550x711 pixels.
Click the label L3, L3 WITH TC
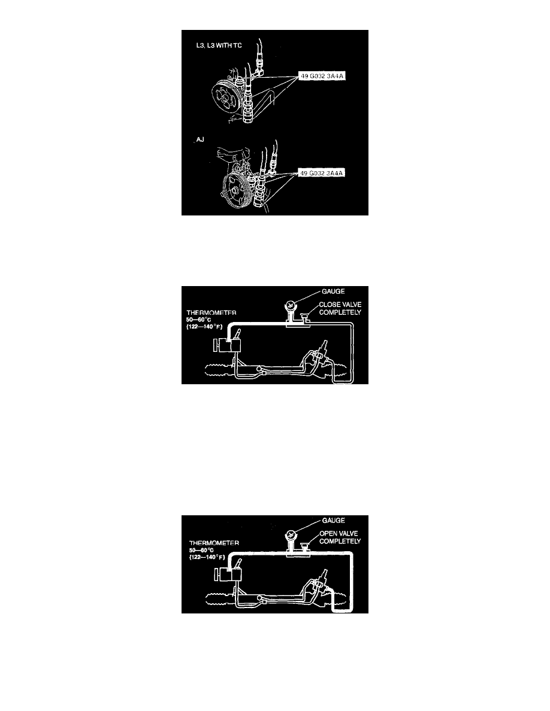click(x=219, y=45)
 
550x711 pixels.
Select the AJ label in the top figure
click(x=200, y=139)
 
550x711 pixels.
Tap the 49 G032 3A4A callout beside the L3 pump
click(x=321, y=76)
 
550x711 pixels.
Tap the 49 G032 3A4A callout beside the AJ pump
click(x=321, y=173)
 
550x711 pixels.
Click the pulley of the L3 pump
click(x=225, y=98)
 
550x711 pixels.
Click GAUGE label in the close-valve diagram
click(x=333, y=291)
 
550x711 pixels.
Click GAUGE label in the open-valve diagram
click(x=334, y=521)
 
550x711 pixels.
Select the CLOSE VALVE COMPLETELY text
click(x=340, y=308)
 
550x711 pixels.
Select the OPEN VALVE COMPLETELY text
click(x=340, y=537)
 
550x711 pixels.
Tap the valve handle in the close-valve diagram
click(x=306, y=314)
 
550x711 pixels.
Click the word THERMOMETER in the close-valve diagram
click(x=211, y=313)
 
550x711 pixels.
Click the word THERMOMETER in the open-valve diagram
click(x=214, y=543)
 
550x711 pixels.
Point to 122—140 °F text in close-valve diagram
click(x=204, y=327)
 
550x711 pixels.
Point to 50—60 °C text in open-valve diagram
click(x=201, y=550)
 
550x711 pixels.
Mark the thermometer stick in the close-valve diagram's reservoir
click(x=237, y=334)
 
